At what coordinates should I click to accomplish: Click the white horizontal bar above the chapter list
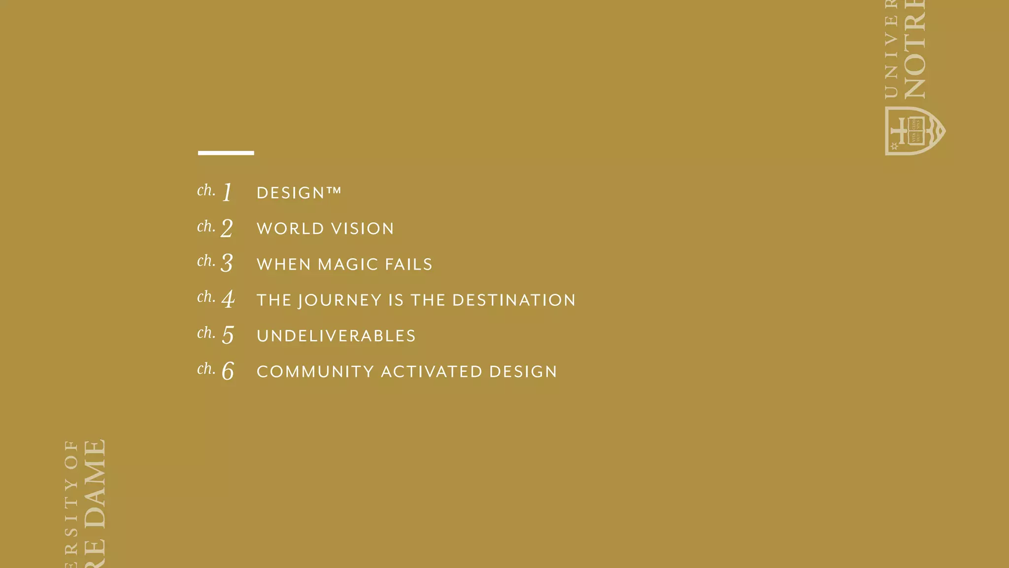(226, 153)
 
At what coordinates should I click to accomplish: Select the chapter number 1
(227, 192)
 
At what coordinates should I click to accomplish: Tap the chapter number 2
(227, 228)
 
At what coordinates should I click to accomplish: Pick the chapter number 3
(227, 263)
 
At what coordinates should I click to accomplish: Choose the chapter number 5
(228, 335)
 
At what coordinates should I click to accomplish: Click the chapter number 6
(228, 371)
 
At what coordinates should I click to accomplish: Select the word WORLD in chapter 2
(290, 229)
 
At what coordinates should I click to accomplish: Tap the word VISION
(362, 229)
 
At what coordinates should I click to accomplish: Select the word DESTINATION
(514, 300)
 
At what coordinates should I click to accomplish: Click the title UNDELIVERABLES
(336, 336)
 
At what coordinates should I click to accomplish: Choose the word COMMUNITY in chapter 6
(315, 372)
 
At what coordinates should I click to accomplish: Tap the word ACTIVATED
(432, 372)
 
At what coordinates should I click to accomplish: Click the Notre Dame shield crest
(914, 131)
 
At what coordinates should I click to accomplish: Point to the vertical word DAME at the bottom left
(95, 484)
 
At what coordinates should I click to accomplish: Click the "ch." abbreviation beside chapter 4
(206, 297)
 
